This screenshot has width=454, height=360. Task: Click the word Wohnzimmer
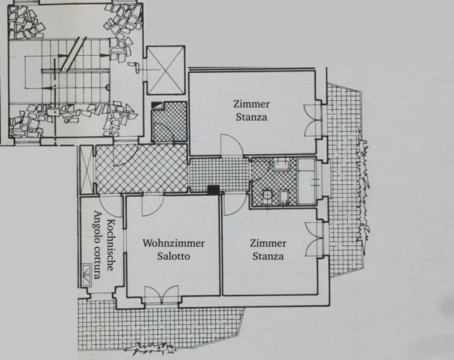tap(174, 244)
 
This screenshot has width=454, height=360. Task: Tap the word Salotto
tap(174, 256)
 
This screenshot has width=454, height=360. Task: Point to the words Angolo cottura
tap(98, 245)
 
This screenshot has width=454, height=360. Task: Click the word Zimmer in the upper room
tap(251, 104)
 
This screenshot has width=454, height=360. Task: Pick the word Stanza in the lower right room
tap(268, 256)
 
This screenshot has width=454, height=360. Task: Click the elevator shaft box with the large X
tap(166, 70)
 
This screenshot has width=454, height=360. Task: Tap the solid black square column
tap(214, 190)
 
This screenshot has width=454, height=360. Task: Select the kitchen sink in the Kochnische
tap(86, 275)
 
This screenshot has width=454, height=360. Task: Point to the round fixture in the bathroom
tap(267, 194)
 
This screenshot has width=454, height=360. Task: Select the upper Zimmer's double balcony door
tap(313, 121)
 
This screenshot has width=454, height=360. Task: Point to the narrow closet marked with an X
tap(86, 170)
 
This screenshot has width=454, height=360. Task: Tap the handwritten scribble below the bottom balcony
tap(151, 348)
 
